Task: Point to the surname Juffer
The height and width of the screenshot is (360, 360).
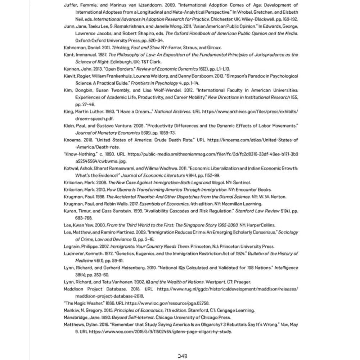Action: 71,5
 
